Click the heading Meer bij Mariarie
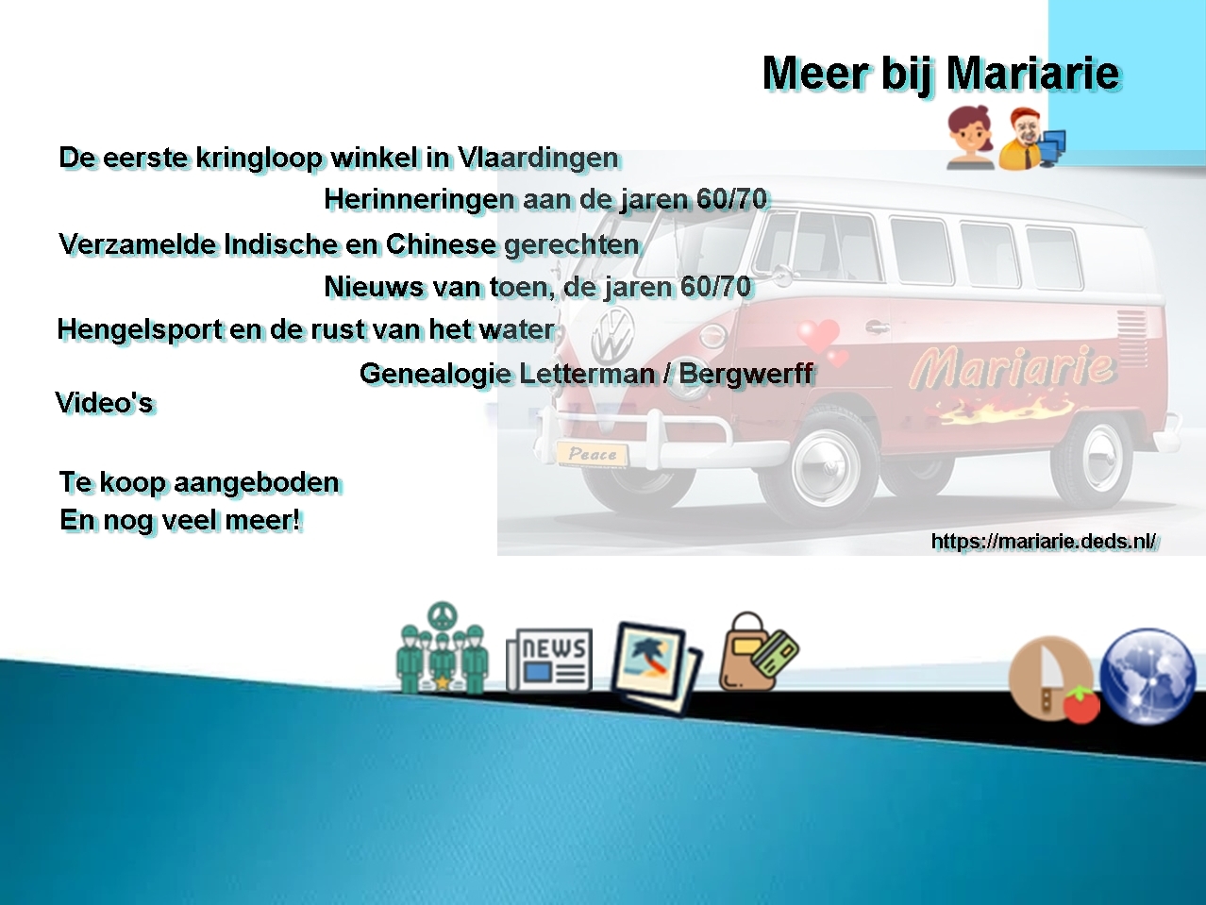(x=942, y=75)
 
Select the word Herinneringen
(x=419, y=199)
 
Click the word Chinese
(x=442, y=244)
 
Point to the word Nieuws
(x=375, y=286)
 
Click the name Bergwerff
(x=746, y=375)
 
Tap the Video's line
(x=105, y=403)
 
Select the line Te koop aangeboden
(x=199, y=482)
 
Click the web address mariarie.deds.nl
(x=1045, y=542)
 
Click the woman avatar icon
(x=970, y=137)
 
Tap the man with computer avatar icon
(x=1031, y=139)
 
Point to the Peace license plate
(x=593, y=455)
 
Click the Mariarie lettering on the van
(x=1012, y=366)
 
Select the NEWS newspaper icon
(x=549, y=660)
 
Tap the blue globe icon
(x=1147, y=676)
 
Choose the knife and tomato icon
(x=1054, y=679)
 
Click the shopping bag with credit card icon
(x=759, y=652)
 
